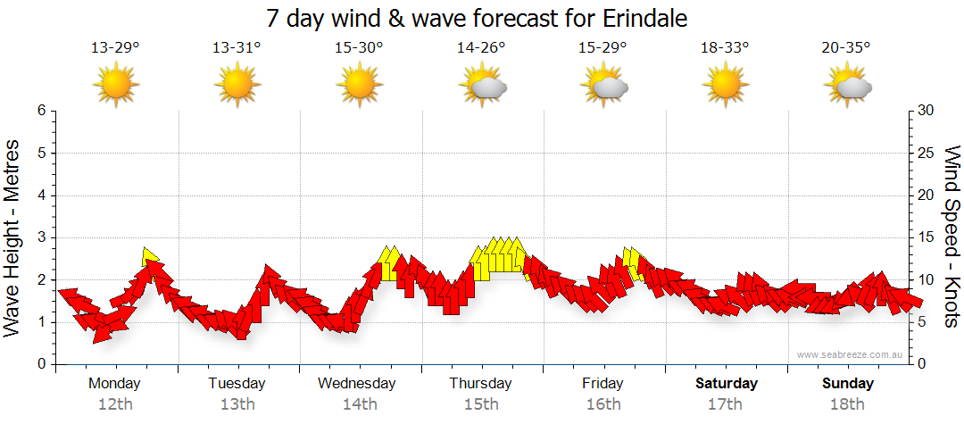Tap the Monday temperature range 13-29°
(115, 48)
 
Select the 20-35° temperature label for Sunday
(846, 48)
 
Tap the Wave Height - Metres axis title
(12, 237)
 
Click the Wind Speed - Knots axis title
(951, 237)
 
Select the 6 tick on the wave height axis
(41, 111)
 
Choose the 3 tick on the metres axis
(41, 237)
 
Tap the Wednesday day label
(357, 384)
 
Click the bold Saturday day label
(727, 384)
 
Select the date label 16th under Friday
(603, 404)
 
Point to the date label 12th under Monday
(115, 404)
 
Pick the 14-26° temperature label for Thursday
(481, 48)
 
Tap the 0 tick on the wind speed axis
(920, 364)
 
